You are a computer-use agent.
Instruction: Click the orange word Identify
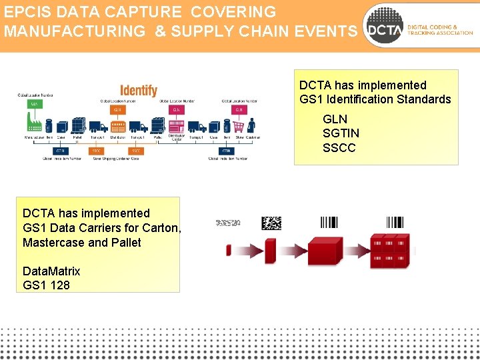click(x=139, y=90)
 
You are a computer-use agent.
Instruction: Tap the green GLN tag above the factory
click(x=33, y=105)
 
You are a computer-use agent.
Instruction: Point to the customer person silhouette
click(x=252, y=125)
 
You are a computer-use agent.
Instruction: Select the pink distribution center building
click(x=177, y=125)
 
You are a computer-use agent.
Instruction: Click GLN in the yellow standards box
click(x=335, y=119)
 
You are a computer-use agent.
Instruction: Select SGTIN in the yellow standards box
click(x=341, y=133)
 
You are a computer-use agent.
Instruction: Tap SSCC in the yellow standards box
click(x=339, y=147)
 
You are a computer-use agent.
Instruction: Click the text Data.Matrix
click(x=51, y=271)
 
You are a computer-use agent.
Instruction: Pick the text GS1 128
click(x=46, y=285)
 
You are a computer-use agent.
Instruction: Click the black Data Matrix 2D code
click(x=271, y=223)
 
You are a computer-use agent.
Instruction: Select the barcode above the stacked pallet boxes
click(x=394, y=222)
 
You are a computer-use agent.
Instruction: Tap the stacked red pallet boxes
click(x=389, y=251)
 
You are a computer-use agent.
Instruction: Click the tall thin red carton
click(x=270, y=251)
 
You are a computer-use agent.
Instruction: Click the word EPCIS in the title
click(x=26, y=12)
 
